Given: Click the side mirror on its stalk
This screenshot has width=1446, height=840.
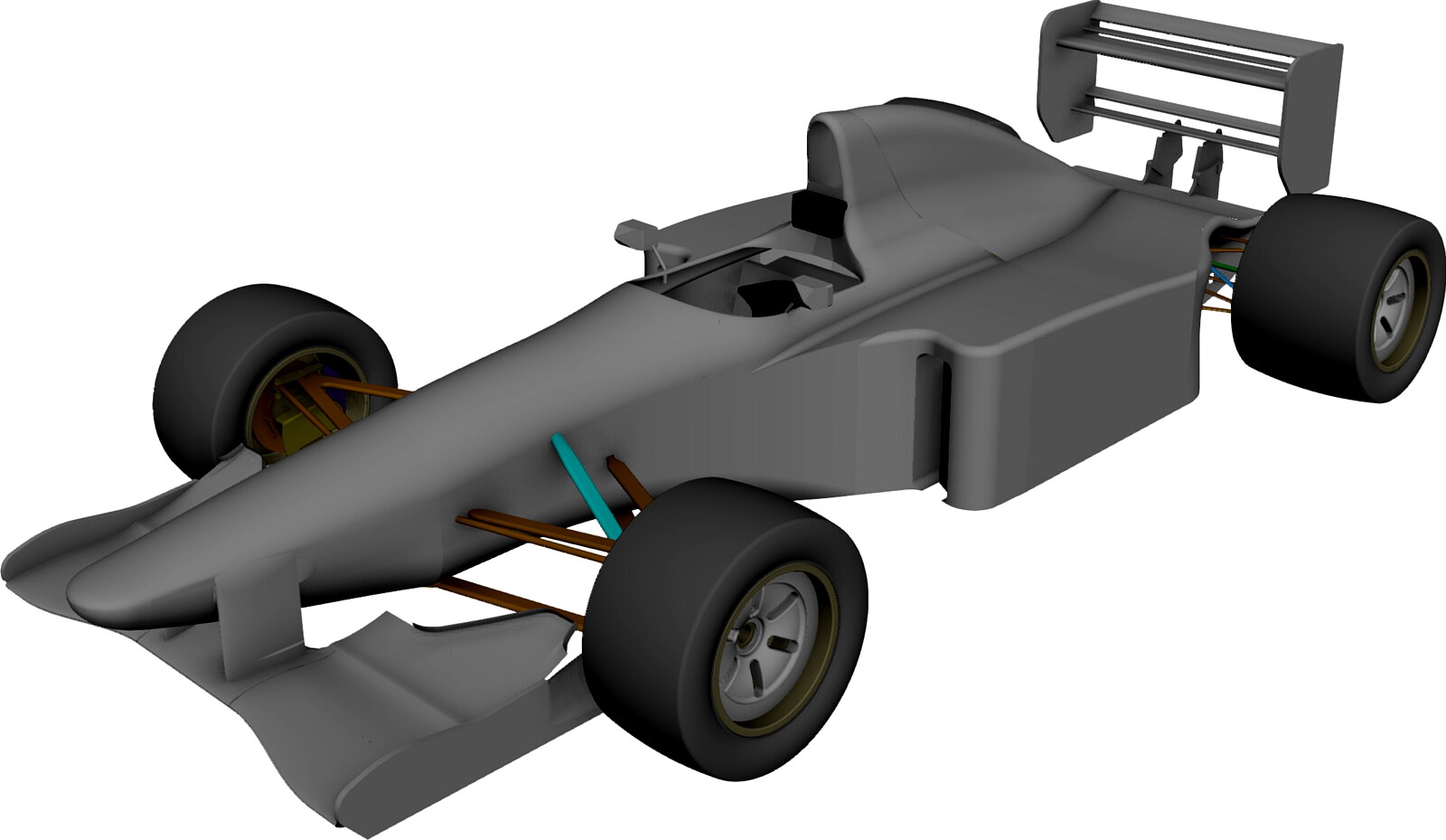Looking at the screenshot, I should point(634,232).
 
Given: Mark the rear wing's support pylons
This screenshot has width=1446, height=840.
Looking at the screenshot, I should point(1184,163).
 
